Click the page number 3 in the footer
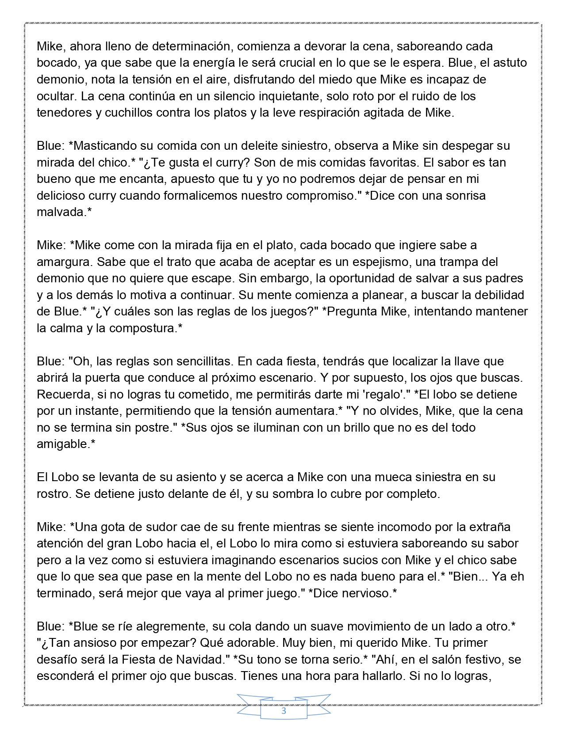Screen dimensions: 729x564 coord(284,711)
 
